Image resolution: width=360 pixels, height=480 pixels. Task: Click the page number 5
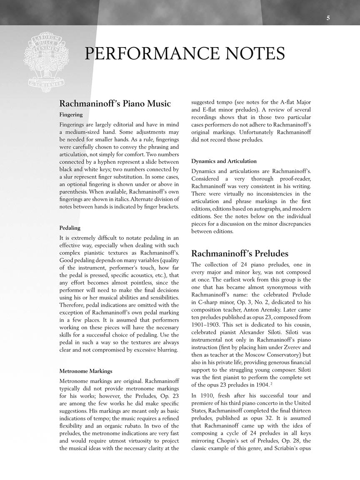[x=328, y=18]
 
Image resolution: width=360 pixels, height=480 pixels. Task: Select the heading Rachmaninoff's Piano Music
[x=115, y=103]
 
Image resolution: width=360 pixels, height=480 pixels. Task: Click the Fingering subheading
[x=71, y=115]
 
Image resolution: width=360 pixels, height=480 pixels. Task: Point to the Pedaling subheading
[x=70, y=228]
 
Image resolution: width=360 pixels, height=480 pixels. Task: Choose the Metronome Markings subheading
[x=85, y=371]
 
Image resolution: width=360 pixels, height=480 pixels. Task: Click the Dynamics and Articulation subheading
[x=224, y=161]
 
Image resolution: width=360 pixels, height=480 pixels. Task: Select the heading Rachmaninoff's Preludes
[x=240, y=253]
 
